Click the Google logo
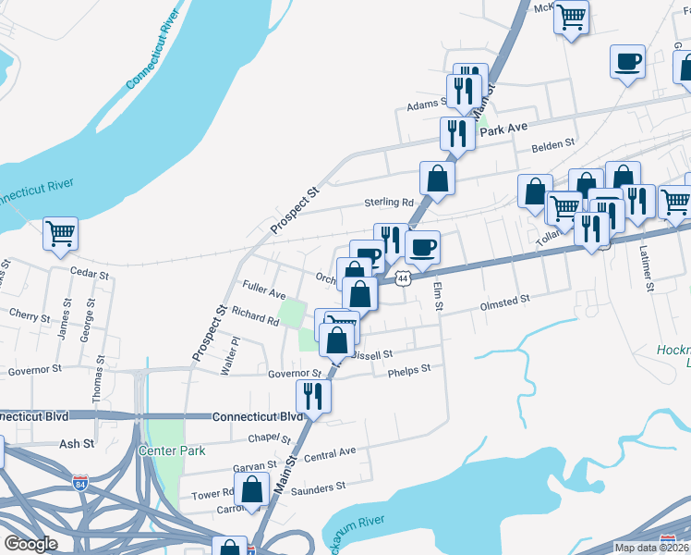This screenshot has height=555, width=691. click(x=30, y=544)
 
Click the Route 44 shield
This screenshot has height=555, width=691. click(x=402, y=277)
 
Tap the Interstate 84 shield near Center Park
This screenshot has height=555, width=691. click(x=81, y=482)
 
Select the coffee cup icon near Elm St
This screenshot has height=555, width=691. click(x=422, y=247)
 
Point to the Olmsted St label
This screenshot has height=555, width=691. click(x=504, y=301)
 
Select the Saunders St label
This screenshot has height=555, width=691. click(x=320, y=486)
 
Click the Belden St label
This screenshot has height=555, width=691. click(x=552, y=144)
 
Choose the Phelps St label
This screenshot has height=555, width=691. click(x=409, y=369)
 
